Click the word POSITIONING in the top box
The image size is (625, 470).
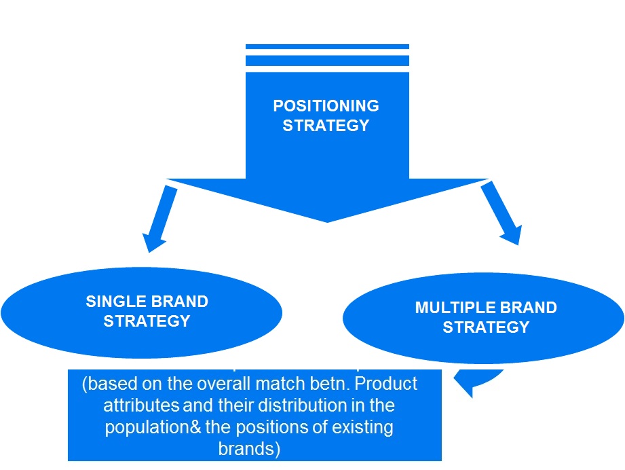pyautogui.click(x=326, y=107)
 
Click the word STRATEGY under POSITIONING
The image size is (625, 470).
pyautogui.click(x=326, y=126)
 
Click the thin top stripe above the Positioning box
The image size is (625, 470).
pyautogui.click(x=327, y=47)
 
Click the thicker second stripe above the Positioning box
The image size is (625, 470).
pyautogui.click(x=327, y=60)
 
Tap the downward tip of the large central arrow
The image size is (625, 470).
pyautogui.click(x=327, y=219)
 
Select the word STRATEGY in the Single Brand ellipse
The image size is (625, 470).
pyautogui.click(x=147, y=321)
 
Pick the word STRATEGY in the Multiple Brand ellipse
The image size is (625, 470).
pyautogui.click(x=486, y=327)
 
